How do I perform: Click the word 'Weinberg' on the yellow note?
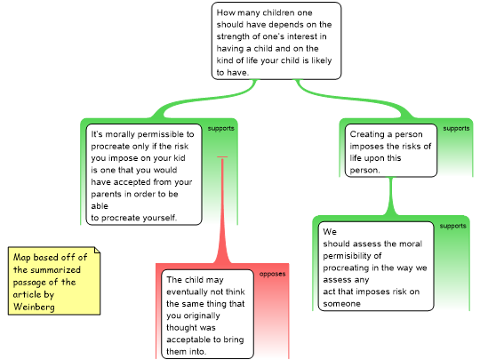click(34, 307)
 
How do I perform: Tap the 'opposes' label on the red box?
click(272, 274)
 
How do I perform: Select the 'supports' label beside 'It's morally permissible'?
click(220, 128)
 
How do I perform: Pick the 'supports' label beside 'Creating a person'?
click(456, 128)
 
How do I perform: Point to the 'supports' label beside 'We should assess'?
click(452, 226)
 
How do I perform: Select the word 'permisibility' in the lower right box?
click(352, 256)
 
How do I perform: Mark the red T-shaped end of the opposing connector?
click(222, 157)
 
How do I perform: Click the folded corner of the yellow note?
click(97, 250)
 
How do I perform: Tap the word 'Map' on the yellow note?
click(21, 258)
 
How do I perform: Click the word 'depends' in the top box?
click(284, 25)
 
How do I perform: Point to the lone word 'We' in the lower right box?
click(330, 232)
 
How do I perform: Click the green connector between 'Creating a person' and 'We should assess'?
click(390, 196)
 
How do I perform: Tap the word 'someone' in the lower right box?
click(341, 304)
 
